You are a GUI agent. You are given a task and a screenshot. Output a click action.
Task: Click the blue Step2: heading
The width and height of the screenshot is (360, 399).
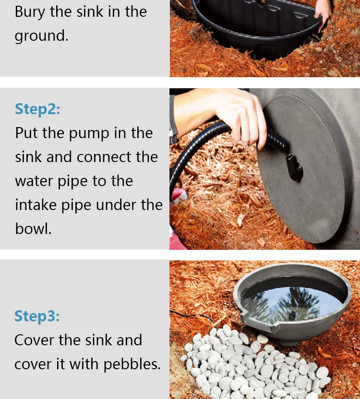37,109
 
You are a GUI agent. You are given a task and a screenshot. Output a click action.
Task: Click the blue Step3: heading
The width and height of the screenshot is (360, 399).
37,316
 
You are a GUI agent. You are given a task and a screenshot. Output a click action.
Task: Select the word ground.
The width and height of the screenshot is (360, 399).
41,35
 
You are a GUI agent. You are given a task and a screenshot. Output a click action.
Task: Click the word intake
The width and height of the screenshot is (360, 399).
36,205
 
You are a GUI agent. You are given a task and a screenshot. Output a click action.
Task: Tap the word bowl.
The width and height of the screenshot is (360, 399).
34,228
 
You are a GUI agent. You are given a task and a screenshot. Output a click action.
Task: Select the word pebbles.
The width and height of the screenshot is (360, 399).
132,364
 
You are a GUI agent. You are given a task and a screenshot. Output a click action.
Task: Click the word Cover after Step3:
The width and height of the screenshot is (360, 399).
35,340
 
